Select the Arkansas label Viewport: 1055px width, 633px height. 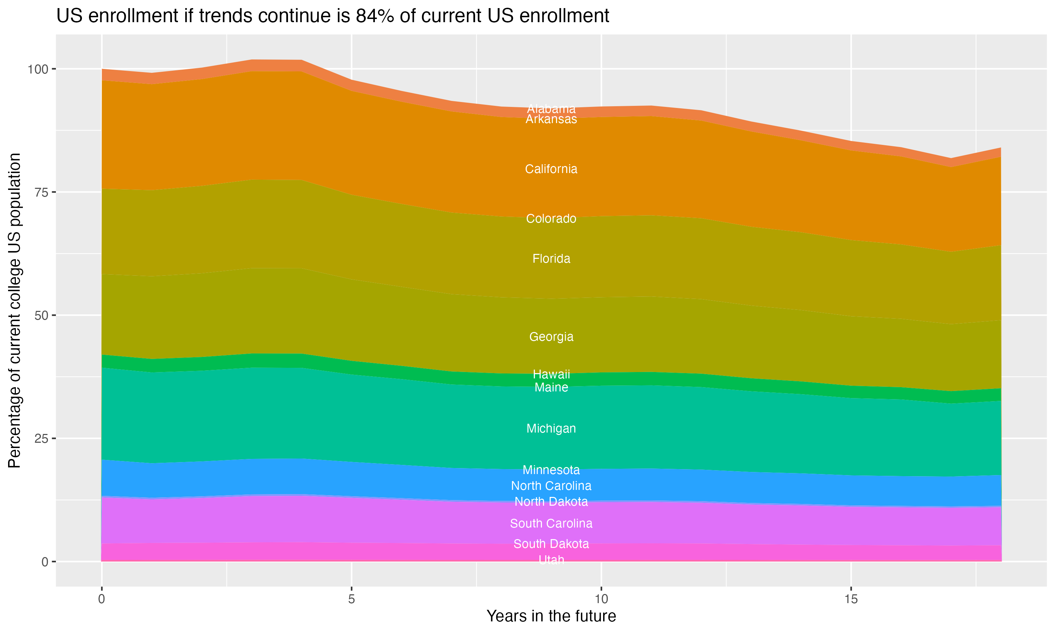point(551,120)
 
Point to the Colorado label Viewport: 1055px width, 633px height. point(551,219)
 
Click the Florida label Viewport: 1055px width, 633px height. point(551,259)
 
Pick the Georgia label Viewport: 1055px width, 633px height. point(551,337)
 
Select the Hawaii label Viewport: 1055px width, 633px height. point(551,375)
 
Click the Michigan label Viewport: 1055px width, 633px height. point(551,429)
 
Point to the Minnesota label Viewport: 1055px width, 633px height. point(551,470)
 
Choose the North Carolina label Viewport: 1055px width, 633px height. point(551,486)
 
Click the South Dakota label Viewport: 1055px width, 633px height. point(551,544)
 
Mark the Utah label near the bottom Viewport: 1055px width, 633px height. point(551,560)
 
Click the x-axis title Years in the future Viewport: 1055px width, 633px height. point(551,616)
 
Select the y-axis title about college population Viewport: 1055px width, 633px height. point(14,310)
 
